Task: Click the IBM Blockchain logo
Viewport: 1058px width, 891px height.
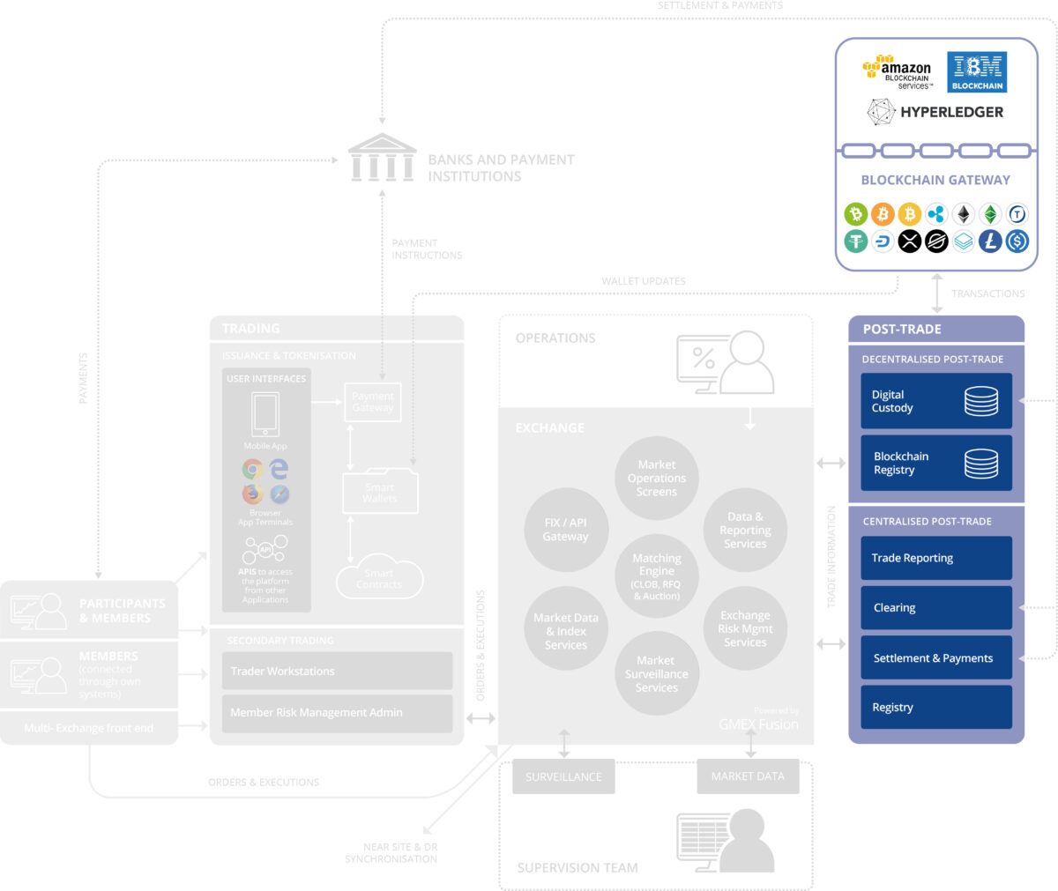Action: [977, 72]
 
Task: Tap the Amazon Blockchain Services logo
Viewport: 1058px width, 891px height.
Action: [898, 72]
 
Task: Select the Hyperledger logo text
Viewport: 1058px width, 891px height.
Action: [951, 112]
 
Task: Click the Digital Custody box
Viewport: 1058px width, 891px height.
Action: [935, 402]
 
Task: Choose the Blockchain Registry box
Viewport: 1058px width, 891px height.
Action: [935, 464]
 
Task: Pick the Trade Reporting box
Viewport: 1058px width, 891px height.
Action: [935, 558]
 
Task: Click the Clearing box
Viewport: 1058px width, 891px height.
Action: [935, 608]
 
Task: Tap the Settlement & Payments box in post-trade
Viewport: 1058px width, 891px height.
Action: [935, 658]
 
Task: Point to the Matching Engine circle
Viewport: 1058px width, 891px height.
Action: [657, 576]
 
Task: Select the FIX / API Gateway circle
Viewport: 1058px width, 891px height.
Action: [566, 530]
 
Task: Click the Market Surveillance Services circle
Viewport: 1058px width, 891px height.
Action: [657, 674]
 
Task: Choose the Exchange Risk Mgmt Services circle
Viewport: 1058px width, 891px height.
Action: [745, 628]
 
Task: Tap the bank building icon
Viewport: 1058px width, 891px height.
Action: [382, 159]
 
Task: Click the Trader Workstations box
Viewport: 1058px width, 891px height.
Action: [337, 672]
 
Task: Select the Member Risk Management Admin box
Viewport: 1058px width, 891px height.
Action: [337, 713]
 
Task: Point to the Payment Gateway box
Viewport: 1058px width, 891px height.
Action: [373, 402]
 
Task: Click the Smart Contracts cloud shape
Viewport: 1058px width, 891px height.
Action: [380, 579]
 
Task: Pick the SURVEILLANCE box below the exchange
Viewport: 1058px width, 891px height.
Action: [563, 776]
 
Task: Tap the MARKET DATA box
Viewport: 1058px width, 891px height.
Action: [748, 776]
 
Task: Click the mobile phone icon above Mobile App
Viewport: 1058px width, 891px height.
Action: [265, 414]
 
